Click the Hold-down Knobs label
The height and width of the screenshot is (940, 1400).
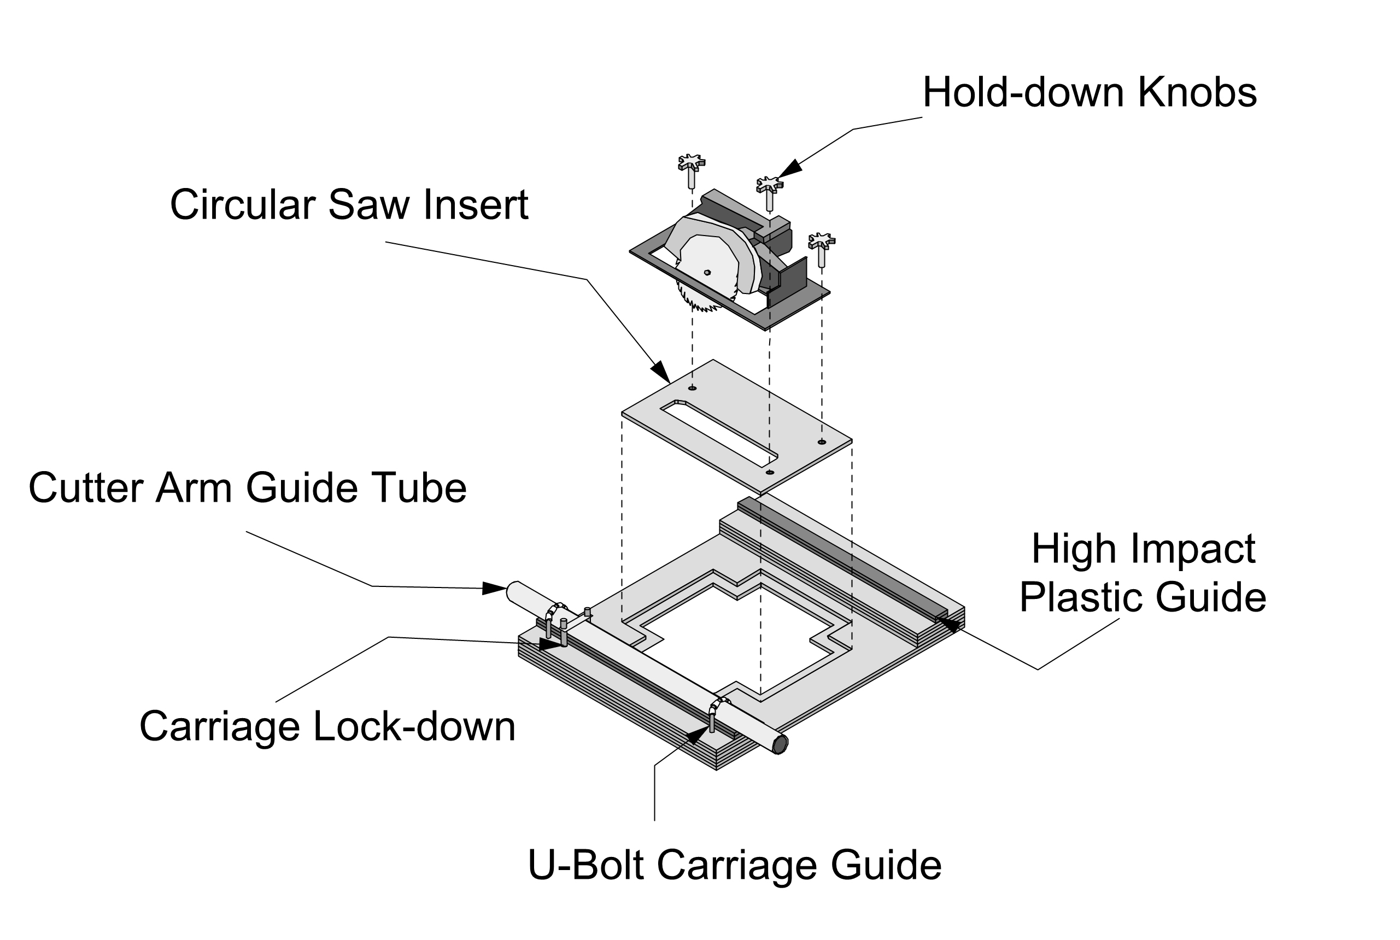click(1089, 93)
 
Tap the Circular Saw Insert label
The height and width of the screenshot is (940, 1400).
click(349, 205)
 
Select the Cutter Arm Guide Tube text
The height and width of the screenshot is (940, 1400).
click(247, 487)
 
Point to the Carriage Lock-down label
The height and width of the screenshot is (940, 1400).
click(327, 726)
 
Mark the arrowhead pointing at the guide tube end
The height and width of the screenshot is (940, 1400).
click(495, 588)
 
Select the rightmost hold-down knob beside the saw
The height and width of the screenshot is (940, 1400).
click(821, 242)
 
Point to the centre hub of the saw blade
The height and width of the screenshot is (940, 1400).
click(707, 272)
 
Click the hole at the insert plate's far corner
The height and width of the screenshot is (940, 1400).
click(693, 389)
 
